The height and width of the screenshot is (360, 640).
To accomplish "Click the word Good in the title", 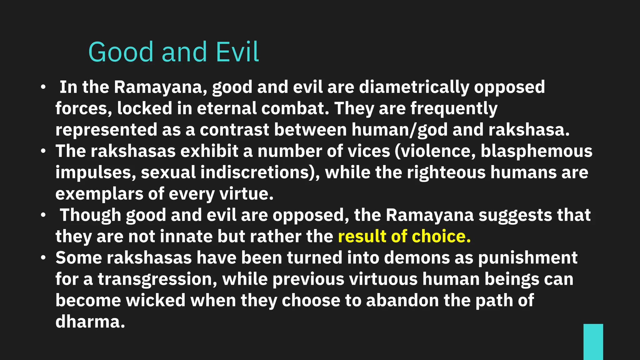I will (121, 52).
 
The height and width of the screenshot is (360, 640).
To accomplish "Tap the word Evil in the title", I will (237, 52).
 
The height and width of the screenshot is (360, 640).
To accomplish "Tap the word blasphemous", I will (536, 151).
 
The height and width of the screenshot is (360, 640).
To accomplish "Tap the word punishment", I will (527, 258).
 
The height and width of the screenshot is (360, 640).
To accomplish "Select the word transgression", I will (157, 279).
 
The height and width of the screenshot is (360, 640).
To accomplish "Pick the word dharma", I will (90, 322).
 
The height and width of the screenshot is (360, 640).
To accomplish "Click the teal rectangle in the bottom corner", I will (593, 342).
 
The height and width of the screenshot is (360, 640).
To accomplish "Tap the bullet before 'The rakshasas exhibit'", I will (43, 152).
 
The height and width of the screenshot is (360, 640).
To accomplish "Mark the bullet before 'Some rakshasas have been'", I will (43, 258).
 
